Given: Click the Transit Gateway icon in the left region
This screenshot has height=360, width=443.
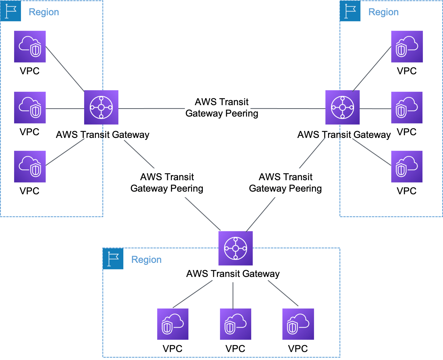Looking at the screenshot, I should click(101, 107).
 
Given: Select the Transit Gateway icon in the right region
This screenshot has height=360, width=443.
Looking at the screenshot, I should click(343, 107).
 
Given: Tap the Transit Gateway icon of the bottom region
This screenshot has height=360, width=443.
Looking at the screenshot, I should click(235, 248).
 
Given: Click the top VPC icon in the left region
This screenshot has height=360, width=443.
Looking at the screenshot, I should click(30, 46).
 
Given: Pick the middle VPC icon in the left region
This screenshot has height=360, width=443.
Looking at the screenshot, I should click(30, 107).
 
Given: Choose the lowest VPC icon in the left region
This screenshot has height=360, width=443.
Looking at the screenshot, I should click(30, 166).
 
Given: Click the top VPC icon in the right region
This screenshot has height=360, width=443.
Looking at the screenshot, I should click(407, 46).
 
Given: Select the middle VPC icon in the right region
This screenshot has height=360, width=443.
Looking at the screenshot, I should click(407, 107).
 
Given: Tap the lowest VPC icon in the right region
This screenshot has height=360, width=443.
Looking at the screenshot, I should click(407, 166).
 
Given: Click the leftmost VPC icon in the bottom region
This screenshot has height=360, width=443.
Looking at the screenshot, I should click(173, 324).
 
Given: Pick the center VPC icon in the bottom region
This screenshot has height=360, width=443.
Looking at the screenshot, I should click(236, 324).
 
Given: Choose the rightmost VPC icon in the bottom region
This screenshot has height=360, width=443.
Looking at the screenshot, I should click(298, 324).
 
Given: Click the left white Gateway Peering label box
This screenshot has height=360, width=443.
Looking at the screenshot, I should click(167, 182).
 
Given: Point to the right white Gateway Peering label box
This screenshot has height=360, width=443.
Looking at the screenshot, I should click(285, 182).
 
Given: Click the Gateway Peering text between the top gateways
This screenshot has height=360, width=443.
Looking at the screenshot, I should click(221, 108).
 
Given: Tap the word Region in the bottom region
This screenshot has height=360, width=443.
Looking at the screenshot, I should click(146, 260).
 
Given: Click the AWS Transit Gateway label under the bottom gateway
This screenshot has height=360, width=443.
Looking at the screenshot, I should click(233, 274).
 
